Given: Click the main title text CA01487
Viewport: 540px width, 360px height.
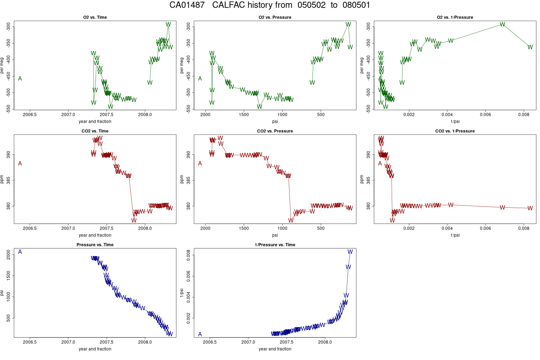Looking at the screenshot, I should (187, 5).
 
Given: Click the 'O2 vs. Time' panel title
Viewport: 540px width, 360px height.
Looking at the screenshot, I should (95, 17).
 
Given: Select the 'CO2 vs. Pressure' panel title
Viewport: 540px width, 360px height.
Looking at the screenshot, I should (275, 131).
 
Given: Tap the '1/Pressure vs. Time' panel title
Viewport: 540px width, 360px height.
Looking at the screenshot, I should (275, 245).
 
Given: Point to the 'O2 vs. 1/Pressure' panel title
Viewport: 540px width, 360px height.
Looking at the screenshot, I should (455, 17).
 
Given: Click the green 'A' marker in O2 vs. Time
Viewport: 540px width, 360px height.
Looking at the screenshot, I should (20, 78).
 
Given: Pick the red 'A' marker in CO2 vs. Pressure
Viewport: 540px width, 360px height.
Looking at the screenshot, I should (200, 163).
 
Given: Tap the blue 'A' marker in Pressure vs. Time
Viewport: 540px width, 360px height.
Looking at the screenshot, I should (20, 252).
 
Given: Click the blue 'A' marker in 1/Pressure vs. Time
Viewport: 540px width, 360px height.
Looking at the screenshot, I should (200, 334).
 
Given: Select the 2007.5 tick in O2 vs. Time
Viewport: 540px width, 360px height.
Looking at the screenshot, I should (107, 115).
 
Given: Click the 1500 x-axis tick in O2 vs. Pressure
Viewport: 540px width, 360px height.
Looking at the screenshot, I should (244, 115).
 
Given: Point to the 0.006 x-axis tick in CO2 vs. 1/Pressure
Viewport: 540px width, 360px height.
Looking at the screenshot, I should (485, 229).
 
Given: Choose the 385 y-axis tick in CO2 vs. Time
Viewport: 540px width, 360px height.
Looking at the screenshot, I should (8, 180).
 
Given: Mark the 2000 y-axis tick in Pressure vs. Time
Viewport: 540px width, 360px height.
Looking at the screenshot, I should (8, 255).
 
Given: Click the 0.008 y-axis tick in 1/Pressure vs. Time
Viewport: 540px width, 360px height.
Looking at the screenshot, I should (188, 255).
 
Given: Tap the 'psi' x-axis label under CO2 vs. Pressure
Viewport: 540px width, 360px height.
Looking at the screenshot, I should (275, 235).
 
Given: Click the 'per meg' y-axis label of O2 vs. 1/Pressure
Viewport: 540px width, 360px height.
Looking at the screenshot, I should (362, 66).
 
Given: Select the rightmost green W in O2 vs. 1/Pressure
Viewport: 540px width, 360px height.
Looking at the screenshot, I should (530, 47).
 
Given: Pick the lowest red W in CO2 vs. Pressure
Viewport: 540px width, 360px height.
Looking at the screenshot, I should (291, 220).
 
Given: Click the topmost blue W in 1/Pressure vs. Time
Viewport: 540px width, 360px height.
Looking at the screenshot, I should (350, 252).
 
